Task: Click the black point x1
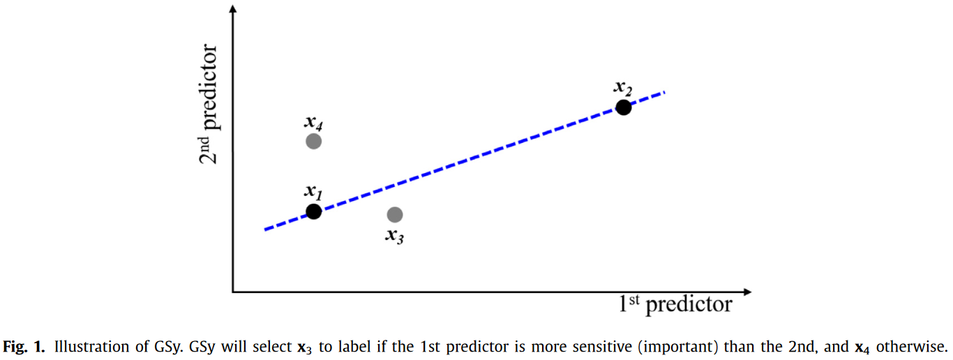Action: tap(313, 211)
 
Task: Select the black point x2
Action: tap(623, 107)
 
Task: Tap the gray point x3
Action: tap(395, 214)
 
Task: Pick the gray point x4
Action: tap(313, 141)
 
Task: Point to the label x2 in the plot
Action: tap(622, 88)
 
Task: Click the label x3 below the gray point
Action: tap(395, 235)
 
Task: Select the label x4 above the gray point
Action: tap(313, 122)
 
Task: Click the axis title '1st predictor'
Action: tap(675, 304)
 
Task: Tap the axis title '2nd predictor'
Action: tap(209, 105)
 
